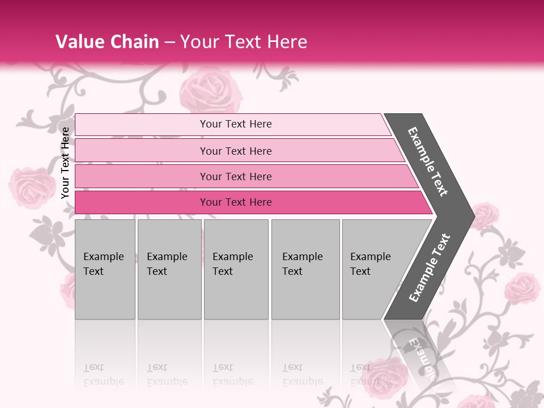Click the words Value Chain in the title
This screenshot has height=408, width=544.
107,42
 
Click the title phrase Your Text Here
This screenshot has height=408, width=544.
244,42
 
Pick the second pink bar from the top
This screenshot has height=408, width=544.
235,151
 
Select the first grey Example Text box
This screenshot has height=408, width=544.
105,269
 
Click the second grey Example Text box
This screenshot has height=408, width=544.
169,269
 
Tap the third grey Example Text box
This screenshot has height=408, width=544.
236,269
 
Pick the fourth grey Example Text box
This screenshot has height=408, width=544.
305,269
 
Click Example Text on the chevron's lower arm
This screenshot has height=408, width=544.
430,267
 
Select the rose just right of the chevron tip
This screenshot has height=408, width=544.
485,216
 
